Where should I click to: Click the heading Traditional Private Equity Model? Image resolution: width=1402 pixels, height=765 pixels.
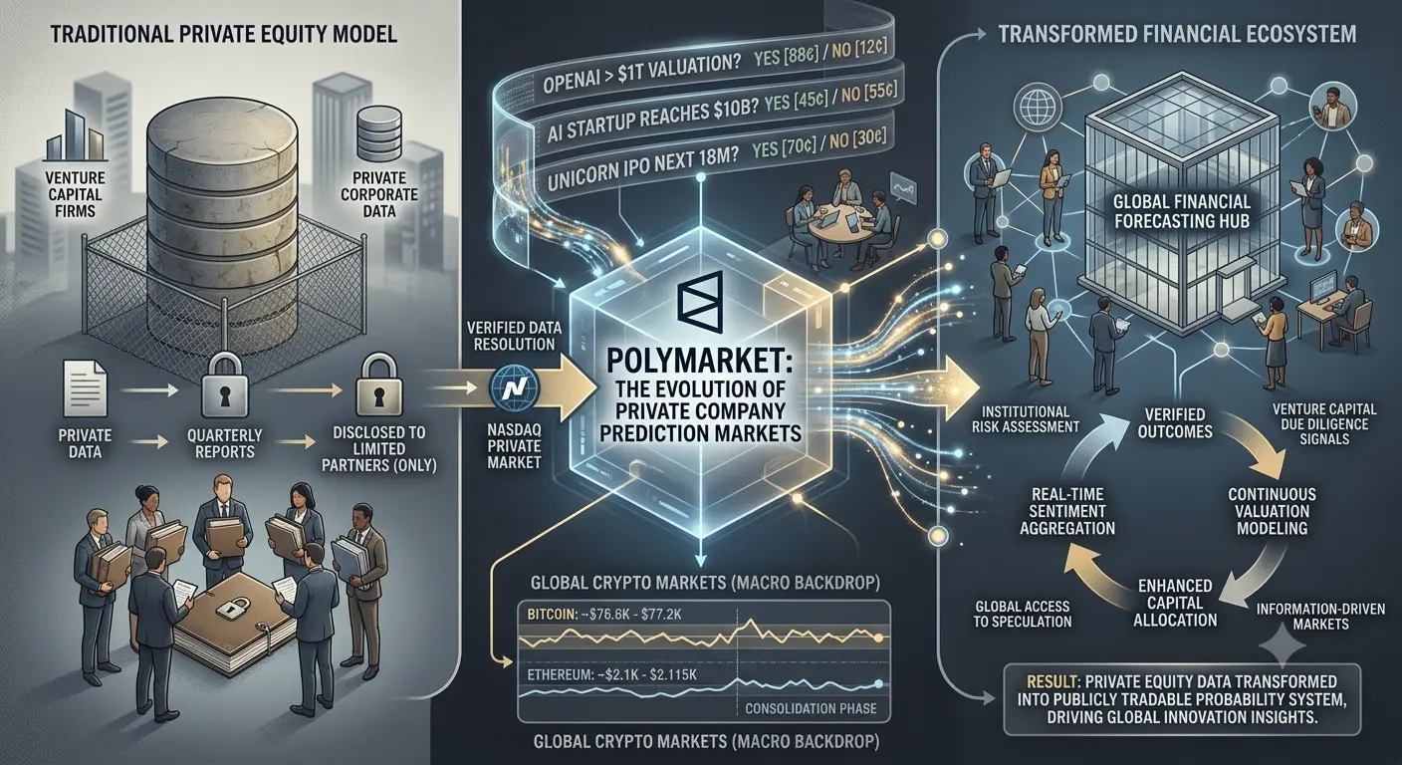(223, 33)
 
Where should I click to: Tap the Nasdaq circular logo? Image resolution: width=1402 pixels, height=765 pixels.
(514, 387)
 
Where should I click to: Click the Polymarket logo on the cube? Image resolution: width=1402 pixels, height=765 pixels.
(700, 303)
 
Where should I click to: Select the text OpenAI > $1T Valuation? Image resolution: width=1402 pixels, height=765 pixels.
(641, 74)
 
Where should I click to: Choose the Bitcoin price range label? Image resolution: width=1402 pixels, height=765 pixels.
(603, 615)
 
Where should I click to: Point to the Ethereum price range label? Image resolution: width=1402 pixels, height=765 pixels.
(611, 674)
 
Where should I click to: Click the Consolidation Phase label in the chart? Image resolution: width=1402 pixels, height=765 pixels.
(811, 708)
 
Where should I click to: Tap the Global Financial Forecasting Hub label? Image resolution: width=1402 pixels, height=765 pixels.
(1182, 211)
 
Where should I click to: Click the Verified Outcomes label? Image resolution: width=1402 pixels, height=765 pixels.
(1175, 423)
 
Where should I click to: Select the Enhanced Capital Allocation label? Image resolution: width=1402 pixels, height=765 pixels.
(1175, 603)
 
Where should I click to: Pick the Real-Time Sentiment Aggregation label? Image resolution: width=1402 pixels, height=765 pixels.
(1067, 511)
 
